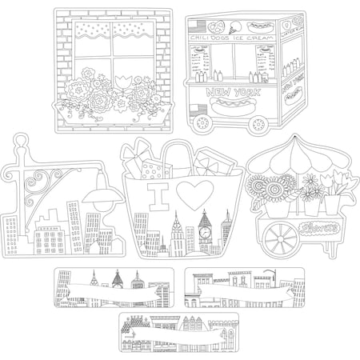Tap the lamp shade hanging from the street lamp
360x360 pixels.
point(102,199)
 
